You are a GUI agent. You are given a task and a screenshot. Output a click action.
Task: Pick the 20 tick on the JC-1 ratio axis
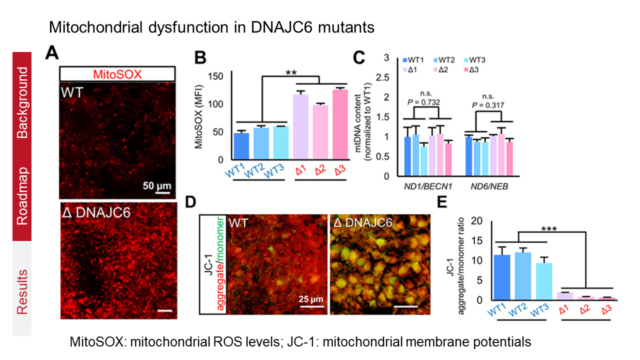[x=481, y=221]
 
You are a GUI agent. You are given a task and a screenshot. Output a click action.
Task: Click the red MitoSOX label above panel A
[x=116, y=74]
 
